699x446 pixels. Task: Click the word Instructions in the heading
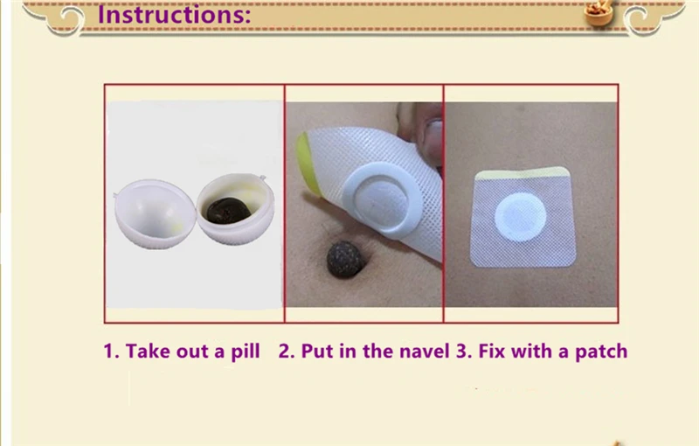tap(174, 14)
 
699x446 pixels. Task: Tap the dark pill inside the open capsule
tap(229, 211)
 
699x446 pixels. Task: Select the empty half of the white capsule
tap(156, 214)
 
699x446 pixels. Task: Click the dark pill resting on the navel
tap(345, 260)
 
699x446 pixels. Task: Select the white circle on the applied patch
tap(520, 217)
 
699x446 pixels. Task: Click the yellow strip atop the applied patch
tap(523, 172)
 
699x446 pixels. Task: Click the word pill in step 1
tap(246, 352)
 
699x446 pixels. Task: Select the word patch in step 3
tap(601, 352)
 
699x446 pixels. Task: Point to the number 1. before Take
tap(111, 351)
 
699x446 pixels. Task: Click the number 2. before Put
tap(287, 351)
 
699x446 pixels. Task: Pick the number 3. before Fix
tap(464, 351)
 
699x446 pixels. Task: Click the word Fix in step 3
tap(492, 351)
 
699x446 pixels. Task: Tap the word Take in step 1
tap(149, 351)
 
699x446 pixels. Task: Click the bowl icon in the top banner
tap(599, 13)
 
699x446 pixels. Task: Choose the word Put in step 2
tap(317, 351)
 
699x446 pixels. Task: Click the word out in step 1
tap(194, 352)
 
